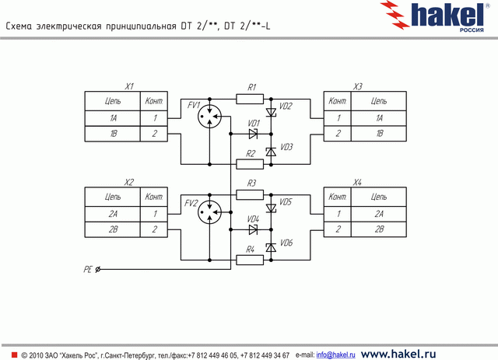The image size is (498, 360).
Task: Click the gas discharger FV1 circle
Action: click(209, 117)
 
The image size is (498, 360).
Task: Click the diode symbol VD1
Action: click(254, 133)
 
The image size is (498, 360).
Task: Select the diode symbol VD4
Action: click(254, 229)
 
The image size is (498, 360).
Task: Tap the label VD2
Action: click(286, 106)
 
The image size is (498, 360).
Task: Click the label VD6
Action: click(286, 243)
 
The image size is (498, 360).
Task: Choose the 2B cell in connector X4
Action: click(379, 229)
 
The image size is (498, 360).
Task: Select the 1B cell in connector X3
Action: click(379, 134)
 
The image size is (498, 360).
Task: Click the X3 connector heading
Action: click(357, 86)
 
